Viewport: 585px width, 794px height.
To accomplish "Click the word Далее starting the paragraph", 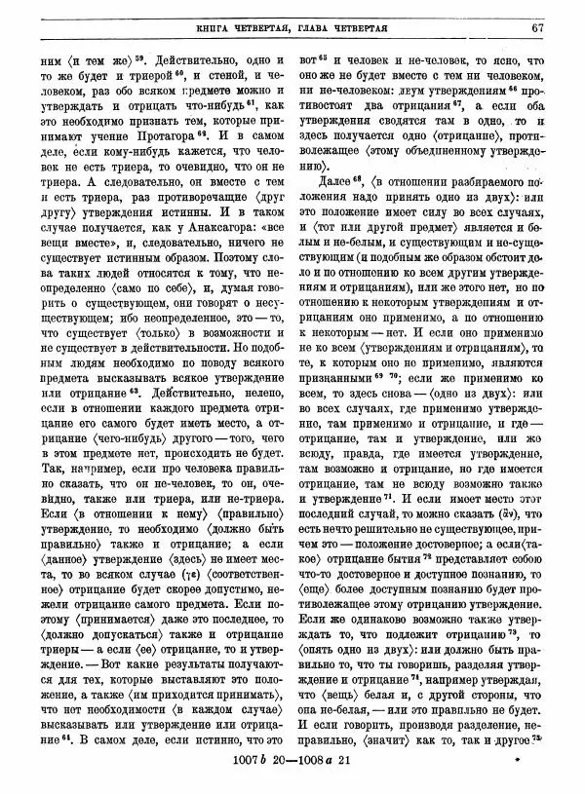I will tap(332, 182).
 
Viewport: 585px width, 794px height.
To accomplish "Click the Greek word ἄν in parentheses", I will tap(533, 513).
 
